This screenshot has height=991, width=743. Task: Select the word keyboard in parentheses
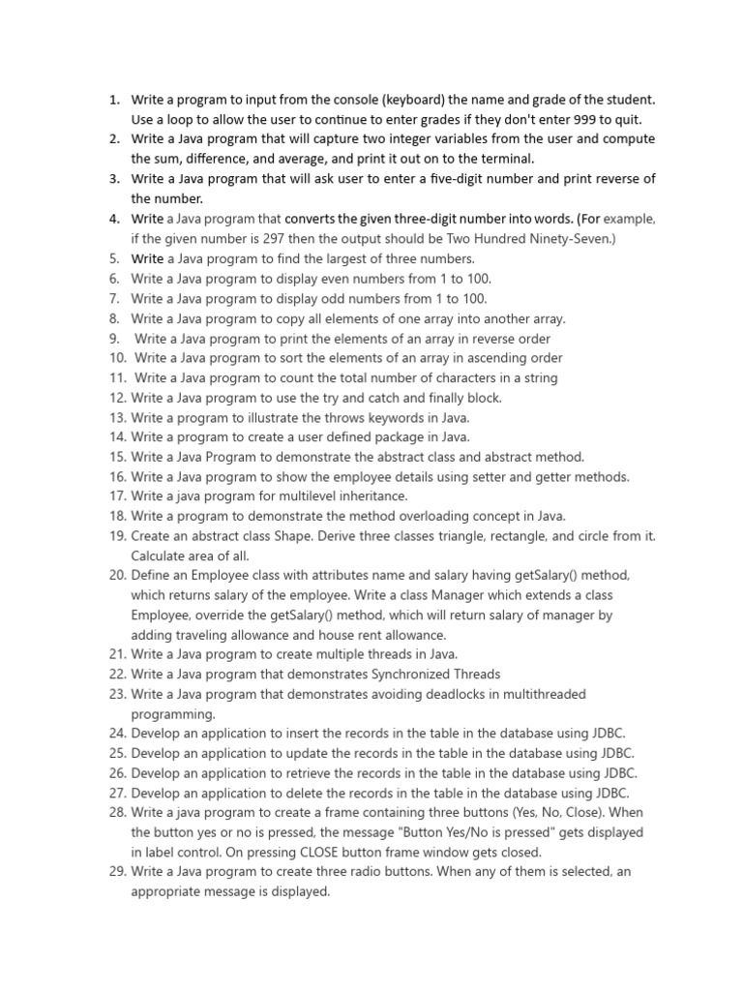(413, 100)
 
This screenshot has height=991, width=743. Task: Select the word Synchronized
(414, 674)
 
